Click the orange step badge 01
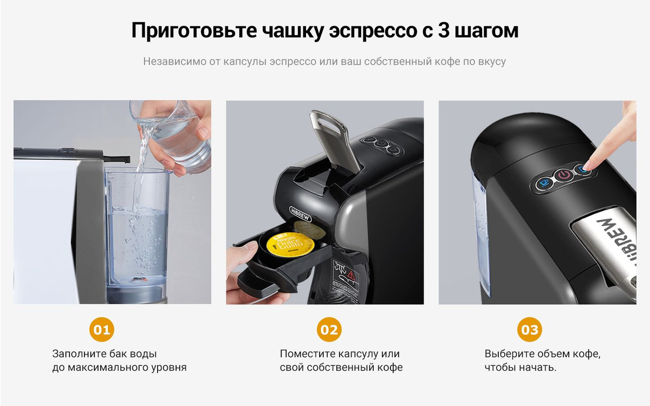pyautogui.click(x=102, y=330)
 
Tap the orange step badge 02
pyautogui.click(x=329, y=330)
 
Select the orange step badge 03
pyautogui.click(x=530, y=330)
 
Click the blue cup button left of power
pyautogui.click(x=544, y=183)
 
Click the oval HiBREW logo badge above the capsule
pyautogui.click(x=300, y=214)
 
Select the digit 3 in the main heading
pyautogui.click(x=444, y=30)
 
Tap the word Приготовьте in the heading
pyautogui.click(x=194, y=31)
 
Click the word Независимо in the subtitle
pyautogui.click(x=174, y=62)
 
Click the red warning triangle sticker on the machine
pyautogui.click(x=352, y=275)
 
